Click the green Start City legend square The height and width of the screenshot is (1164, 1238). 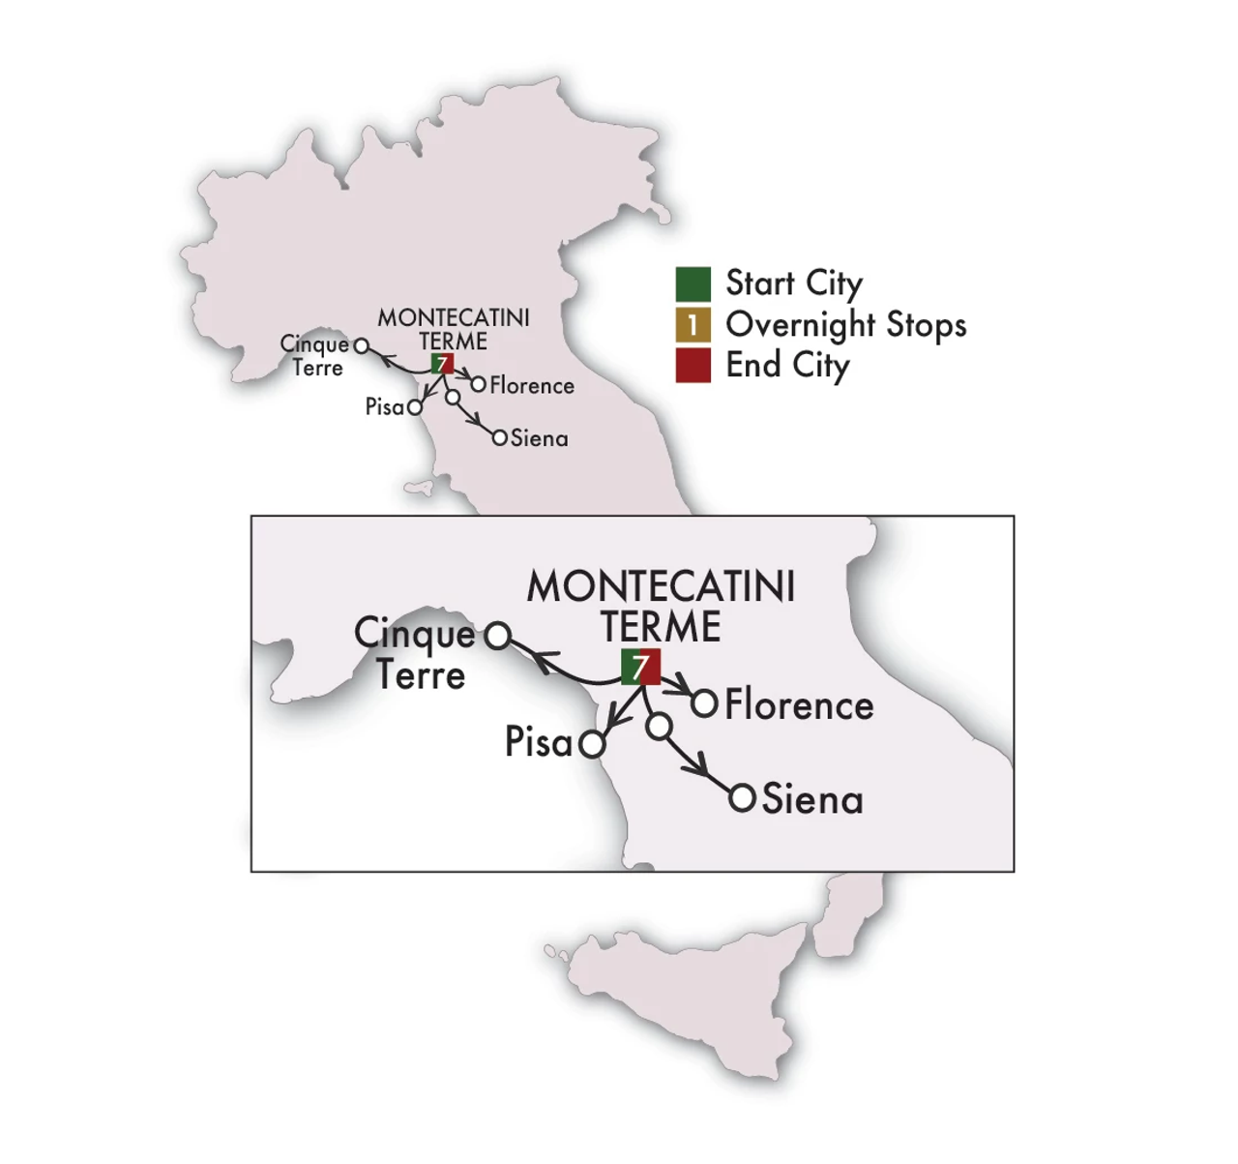click(x=693, y=284)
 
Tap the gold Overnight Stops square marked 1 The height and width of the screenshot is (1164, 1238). click(x=693, y=325)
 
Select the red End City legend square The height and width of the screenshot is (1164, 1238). click(x=693, y=366)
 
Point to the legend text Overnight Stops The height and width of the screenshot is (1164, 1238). click(x=845, y=325)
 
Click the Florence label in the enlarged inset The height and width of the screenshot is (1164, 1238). click(x=799, y=705)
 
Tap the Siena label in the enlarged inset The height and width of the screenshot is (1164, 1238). click(x=812, y=800)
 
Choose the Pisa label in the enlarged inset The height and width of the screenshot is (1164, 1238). click(x=539, y=742)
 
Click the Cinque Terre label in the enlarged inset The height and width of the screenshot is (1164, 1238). click(x=415, y=654)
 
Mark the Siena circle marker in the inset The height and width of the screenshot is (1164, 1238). click(x=742, y=799)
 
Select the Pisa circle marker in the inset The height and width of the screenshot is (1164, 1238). click(x=592, y=745)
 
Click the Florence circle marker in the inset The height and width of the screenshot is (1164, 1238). click(x=705, y=704)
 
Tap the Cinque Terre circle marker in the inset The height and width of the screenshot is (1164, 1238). click(x=497, y=636)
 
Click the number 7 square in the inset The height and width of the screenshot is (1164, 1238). click(x=640, y=668)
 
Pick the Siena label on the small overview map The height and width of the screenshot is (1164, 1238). click(x=539, y=438)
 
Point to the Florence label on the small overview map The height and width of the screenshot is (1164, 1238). click(x=531, y=386)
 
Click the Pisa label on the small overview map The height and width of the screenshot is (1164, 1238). click(x=384, y=407)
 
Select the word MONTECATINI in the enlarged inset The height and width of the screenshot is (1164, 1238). click(x=661, y=587)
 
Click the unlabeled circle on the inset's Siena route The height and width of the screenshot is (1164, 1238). click(x=659, y=727)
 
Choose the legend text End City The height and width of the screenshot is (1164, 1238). click(x=787, y=366)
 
